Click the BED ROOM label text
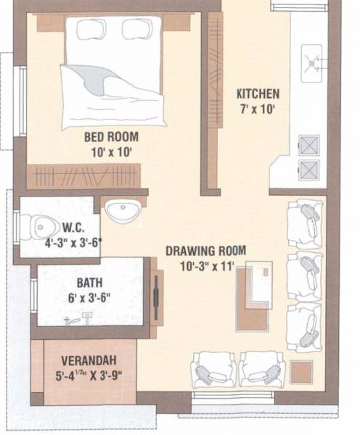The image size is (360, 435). click(x=111, y=136)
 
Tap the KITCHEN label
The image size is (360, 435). click(x=257, y=94)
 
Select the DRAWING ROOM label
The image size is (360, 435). click(x=205, y=251)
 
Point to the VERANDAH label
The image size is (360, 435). click(x=89, y=360)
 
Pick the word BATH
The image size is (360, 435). click(x=89, y=283)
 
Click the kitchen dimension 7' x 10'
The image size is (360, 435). click(x=257, y=109)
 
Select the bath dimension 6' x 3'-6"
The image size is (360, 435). click(x=90, y=297)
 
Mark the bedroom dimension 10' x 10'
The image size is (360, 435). click(x=111, y=152)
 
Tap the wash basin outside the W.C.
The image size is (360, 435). click(x=122, y=211)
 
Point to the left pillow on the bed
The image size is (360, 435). click(x=91, y=30)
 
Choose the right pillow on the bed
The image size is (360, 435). click(x=136, y=29)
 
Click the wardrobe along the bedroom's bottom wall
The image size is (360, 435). click(x=83, y=175)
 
